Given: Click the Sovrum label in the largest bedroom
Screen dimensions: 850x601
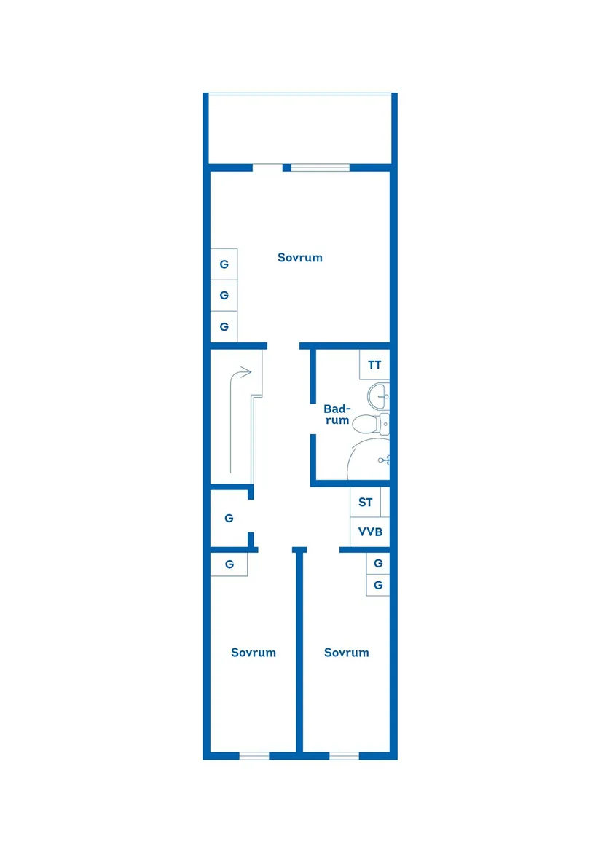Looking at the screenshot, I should (299, 258).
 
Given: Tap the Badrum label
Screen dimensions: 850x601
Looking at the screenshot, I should (337, 414).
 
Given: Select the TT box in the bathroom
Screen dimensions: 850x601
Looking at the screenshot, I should (374, 365).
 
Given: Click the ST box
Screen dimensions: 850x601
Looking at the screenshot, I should (366, 503).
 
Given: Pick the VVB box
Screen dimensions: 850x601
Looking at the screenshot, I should (370, 532).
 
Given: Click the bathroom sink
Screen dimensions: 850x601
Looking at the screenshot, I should (379, 396).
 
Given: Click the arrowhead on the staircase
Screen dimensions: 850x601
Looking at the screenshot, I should (245, 372).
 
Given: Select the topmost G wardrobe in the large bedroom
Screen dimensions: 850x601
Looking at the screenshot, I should (224, 264).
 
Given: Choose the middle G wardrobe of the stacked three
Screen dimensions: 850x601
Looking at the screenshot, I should (224, 295).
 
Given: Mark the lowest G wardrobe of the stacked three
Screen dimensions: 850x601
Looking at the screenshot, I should (224, 326).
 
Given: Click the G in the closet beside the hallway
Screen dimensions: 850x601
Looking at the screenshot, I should (229, 519).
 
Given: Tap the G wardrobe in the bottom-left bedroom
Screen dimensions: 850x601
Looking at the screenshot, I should (229, 564).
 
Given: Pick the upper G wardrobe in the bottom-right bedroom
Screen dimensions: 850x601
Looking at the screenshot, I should (378, 563).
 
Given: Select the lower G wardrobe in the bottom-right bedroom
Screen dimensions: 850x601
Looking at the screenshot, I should (378, 585).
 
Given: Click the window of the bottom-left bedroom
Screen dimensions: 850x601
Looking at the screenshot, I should (254, 756).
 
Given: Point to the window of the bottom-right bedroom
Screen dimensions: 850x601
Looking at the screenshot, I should (344, 756).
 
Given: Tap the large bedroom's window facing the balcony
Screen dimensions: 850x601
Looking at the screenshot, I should (321, 168).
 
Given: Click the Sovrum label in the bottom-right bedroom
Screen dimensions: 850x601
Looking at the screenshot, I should (347, 653).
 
